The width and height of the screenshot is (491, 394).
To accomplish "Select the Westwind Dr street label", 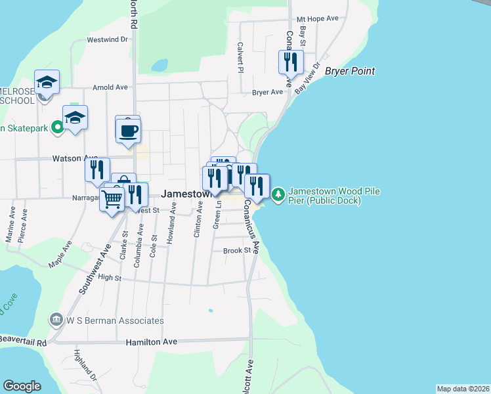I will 106,39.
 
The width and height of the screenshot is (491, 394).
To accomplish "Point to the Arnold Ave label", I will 110,87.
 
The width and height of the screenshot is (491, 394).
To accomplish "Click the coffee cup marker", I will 128,129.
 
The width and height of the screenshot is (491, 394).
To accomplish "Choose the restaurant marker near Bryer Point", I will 291,62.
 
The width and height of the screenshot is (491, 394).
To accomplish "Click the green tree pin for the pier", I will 278,194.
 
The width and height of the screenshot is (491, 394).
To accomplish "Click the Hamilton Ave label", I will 152,342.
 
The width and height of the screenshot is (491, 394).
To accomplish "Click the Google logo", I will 22,386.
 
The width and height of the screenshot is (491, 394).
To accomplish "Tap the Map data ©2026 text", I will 463,389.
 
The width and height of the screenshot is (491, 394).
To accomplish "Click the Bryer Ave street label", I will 267,93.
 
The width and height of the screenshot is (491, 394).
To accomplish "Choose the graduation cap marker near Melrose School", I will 47,82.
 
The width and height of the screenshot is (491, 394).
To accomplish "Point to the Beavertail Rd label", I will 24,342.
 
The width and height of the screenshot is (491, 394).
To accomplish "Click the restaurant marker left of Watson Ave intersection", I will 97,169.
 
